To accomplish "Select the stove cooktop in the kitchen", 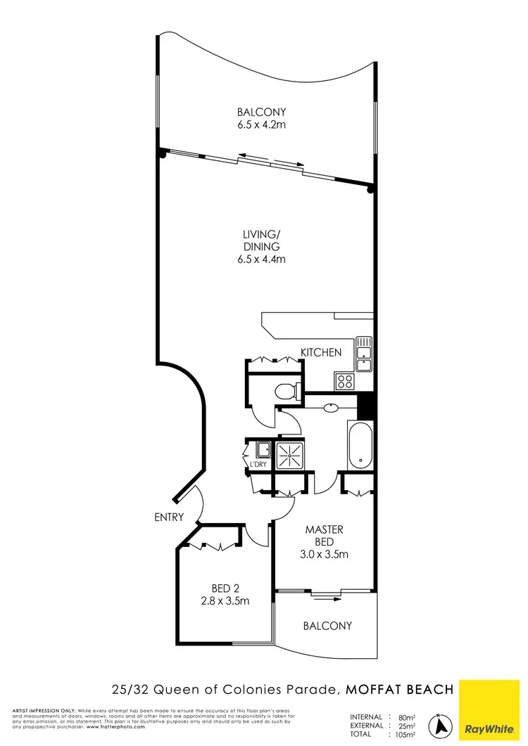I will tap(345, 381).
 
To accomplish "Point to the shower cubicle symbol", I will tap(289, 456).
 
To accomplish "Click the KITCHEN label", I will tap(321, 352).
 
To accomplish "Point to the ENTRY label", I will tap(169, 517).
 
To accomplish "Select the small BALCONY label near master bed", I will tap(327, 625).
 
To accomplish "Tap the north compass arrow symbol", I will tap(441, 724).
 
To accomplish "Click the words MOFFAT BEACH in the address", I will tap(399, 690).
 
